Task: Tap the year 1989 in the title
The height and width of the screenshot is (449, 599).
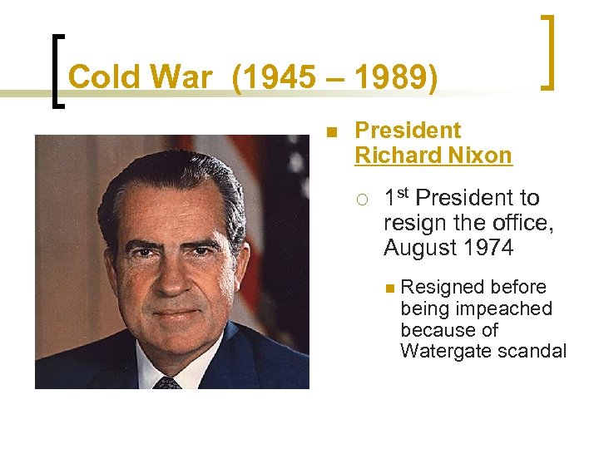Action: tap(389, 77)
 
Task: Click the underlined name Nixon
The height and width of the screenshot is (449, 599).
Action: tap(480, 155)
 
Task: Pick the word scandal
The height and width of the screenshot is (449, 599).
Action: tap(532, 351)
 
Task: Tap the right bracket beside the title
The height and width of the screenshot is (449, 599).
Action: tap(547, 52)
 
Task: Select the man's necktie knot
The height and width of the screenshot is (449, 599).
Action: tap(167, 383)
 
